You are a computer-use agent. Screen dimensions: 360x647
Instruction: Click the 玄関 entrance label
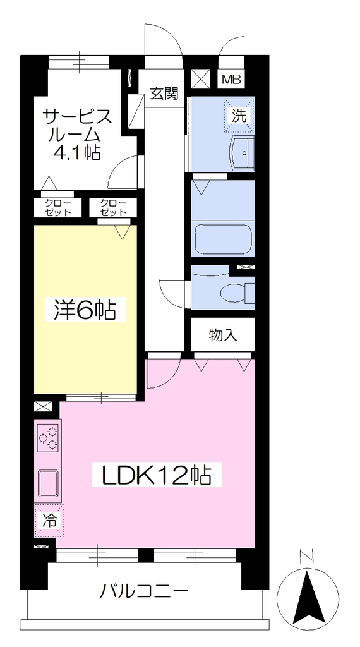(x=164, y=94)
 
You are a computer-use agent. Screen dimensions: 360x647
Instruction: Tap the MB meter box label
(x=231, y=79)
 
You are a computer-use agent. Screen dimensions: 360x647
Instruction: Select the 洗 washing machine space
(x=239, y=115)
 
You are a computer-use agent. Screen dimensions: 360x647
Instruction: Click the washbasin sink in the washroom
(x=243, y=153)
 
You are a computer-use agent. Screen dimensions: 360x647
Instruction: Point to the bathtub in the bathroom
(x=223, y=240)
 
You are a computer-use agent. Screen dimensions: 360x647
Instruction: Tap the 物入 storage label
(x=223, y=336)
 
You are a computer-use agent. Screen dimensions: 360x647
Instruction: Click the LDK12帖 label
(x=156, y=475)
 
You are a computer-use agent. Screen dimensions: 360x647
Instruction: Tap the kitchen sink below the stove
(x=49, y=483)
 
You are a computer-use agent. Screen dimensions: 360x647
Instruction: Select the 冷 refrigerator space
(x=49, y=521)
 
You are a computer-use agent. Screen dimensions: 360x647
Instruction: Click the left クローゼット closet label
(x=57, y=208)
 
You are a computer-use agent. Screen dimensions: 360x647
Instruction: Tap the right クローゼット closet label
(x=113, y=208)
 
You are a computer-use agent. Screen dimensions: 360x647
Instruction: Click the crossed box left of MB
(x=201, y=79)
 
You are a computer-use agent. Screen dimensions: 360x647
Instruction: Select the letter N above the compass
(x=307, y=557)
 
